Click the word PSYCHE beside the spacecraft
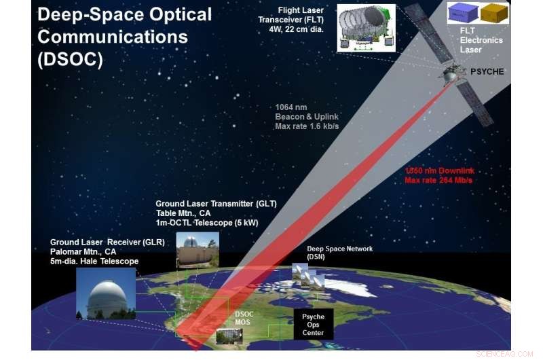(487, 71)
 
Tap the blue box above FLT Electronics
(466, 12)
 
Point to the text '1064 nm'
(290, 107)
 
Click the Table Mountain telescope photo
(197, 250)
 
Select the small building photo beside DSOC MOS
(227, 335)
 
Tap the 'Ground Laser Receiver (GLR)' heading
(107, 242)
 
